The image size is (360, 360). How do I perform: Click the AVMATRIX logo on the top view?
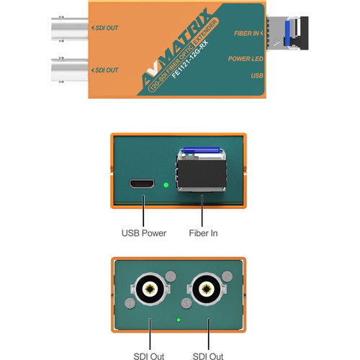(x=175, y=48)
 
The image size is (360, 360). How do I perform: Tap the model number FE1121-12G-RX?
(x=190, y=60)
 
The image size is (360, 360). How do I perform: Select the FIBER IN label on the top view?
(x=248, y=33)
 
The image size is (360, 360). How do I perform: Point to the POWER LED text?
(x=246, y=59)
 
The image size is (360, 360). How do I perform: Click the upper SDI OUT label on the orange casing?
(x=105, y=28)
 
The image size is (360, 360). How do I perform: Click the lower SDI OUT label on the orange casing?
(x=105, y=70)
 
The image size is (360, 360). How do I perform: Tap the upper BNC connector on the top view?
(x=70, y=29)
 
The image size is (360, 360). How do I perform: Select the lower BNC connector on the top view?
(x=70, y=70)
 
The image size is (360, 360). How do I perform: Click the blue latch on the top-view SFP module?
(x=287, y=33)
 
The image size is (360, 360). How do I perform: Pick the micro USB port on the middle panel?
(x=142, y=184)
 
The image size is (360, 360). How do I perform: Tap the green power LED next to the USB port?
(x=166, y=185)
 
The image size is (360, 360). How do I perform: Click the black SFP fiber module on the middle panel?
(x=202, y=175)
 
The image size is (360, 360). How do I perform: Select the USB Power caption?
(x=144, y=233)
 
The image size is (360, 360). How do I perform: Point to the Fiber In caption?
(x=203, y=233)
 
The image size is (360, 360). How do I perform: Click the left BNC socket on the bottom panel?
(x=150, y=289)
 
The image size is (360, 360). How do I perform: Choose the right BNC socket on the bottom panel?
(x=207, y=289)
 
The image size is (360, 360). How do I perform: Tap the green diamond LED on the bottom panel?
(x=179, y=320)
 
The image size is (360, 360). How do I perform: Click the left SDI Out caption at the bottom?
(x=149, y=356)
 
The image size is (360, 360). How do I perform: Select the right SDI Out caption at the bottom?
(x=208, y=356)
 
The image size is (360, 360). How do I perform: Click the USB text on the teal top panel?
(x=257, y=76)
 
